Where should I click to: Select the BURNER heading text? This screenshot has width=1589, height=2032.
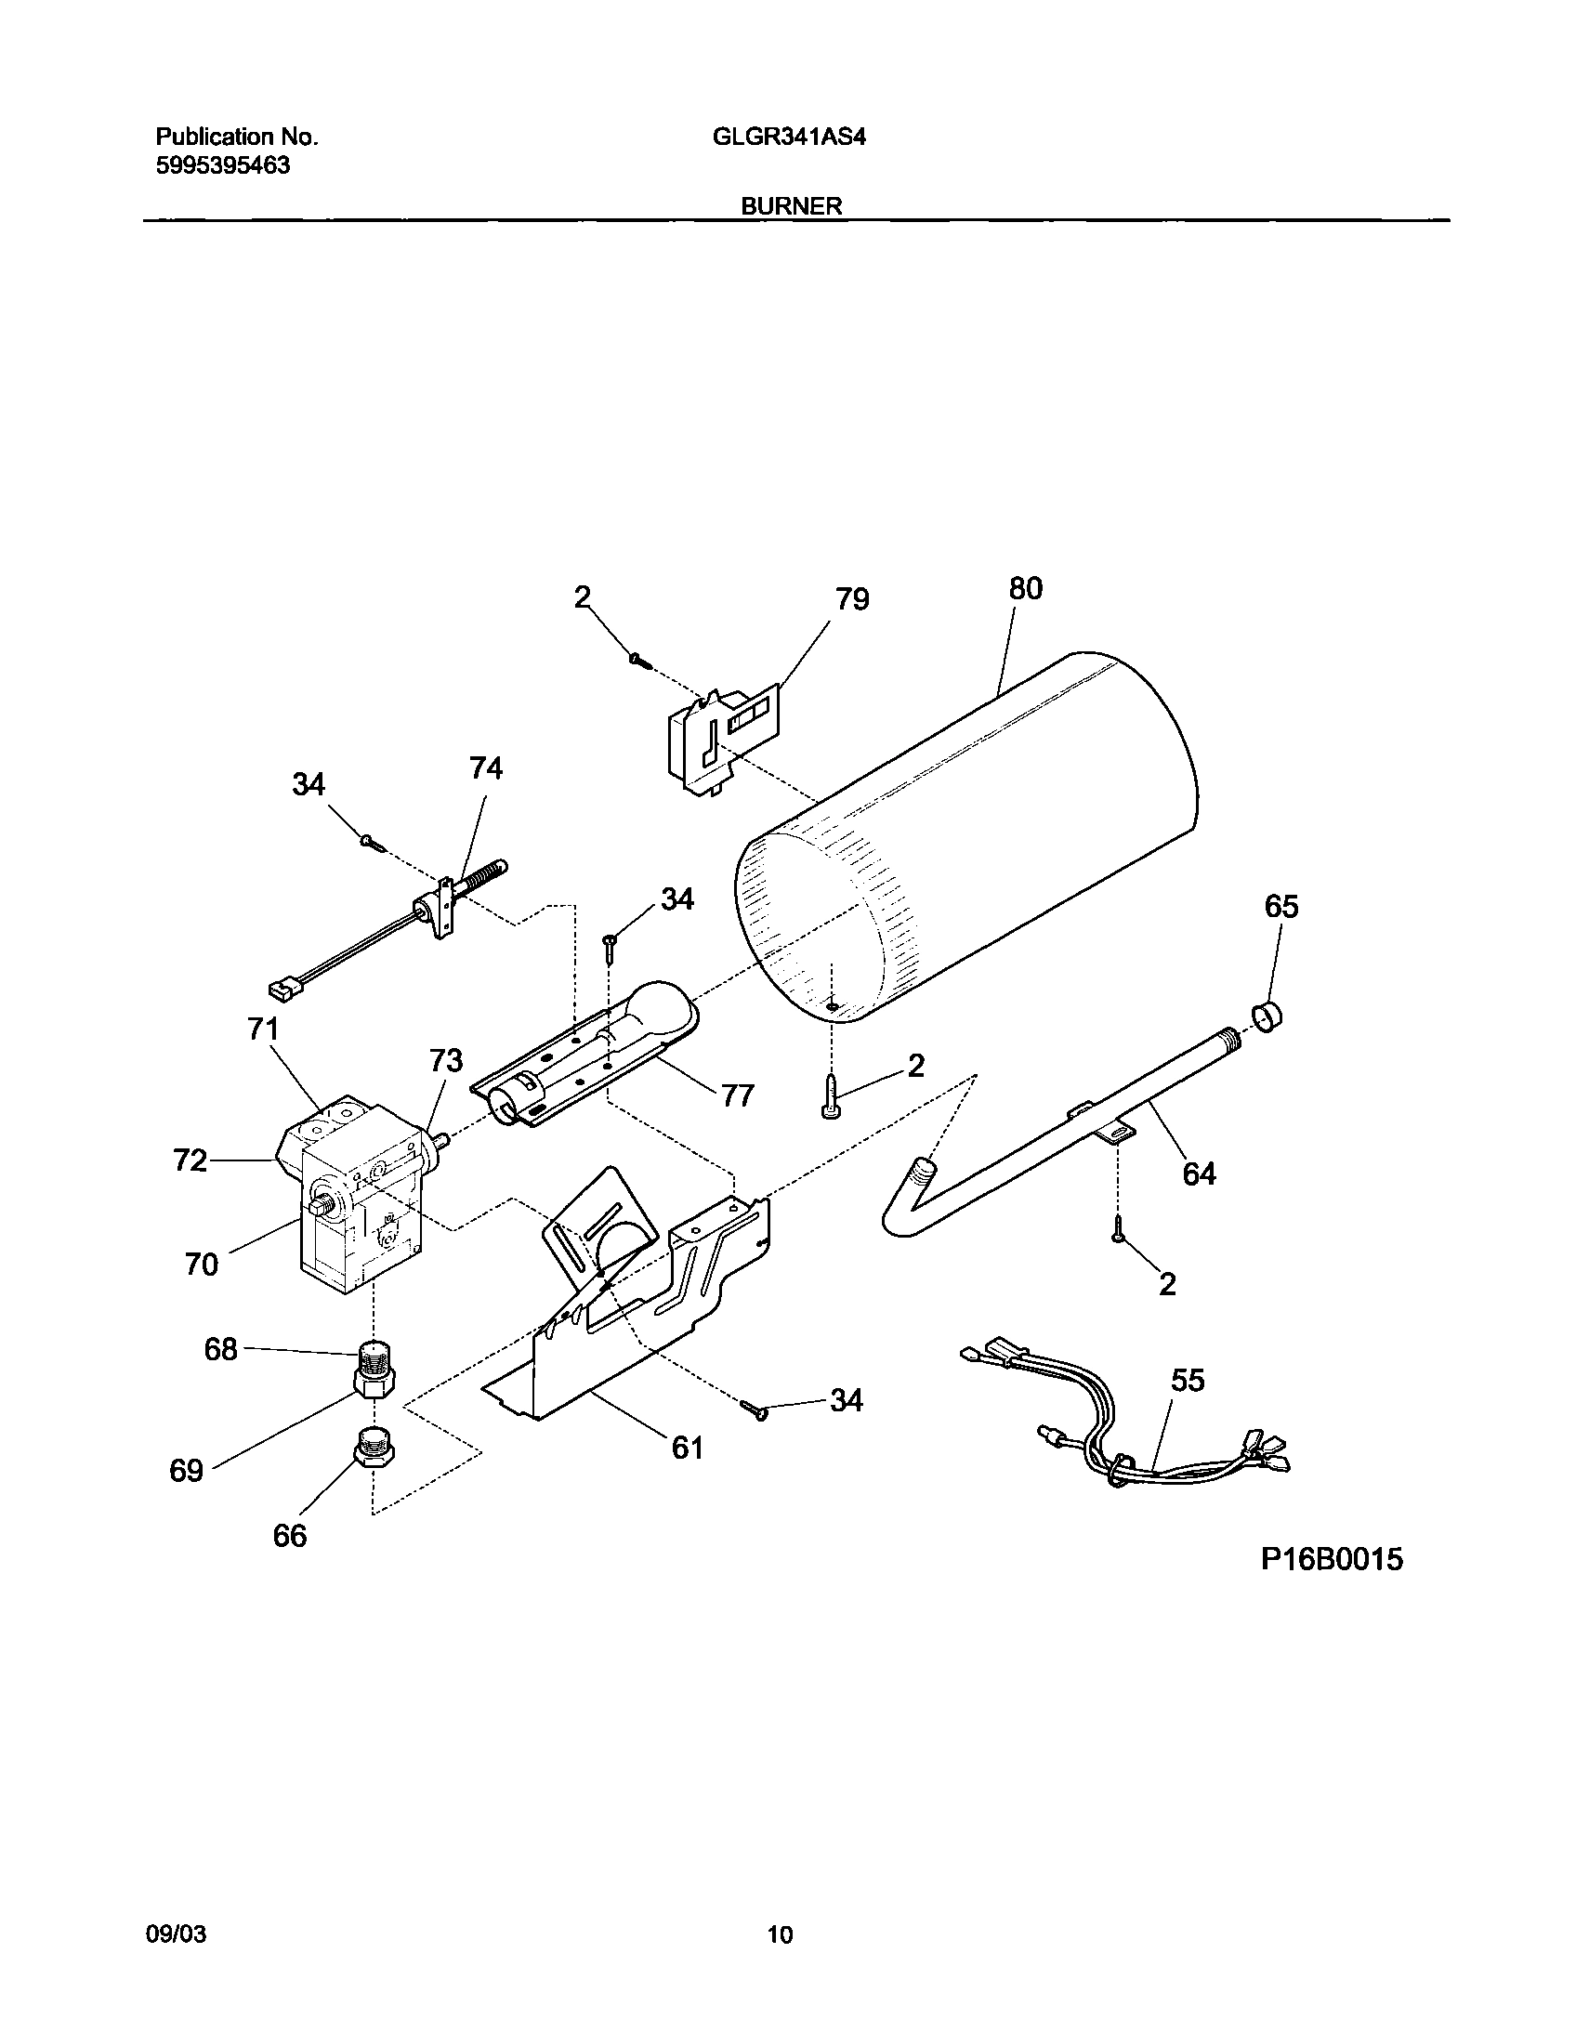click(791, 206)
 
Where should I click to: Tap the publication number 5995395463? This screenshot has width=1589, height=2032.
click(222, 166)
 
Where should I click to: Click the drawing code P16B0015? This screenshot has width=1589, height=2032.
click(1332, 1559)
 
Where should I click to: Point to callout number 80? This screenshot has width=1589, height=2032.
click(1025, 588)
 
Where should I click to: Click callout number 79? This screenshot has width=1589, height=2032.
click(852, 599)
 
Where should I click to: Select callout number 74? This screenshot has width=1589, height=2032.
click(486, 767)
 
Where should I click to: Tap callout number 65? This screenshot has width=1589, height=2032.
click(1281, 906)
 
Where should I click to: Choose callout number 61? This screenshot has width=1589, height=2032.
click(687, 1448)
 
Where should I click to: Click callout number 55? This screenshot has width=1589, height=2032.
click(1188, 1381)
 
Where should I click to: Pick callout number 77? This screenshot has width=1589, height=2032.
click(737, 1096)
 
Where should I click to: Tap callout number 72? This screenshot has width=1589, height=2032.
click(190, 1160)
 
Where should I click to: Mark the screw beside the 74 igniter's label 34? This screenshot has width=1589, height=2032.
click(372, 842)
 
